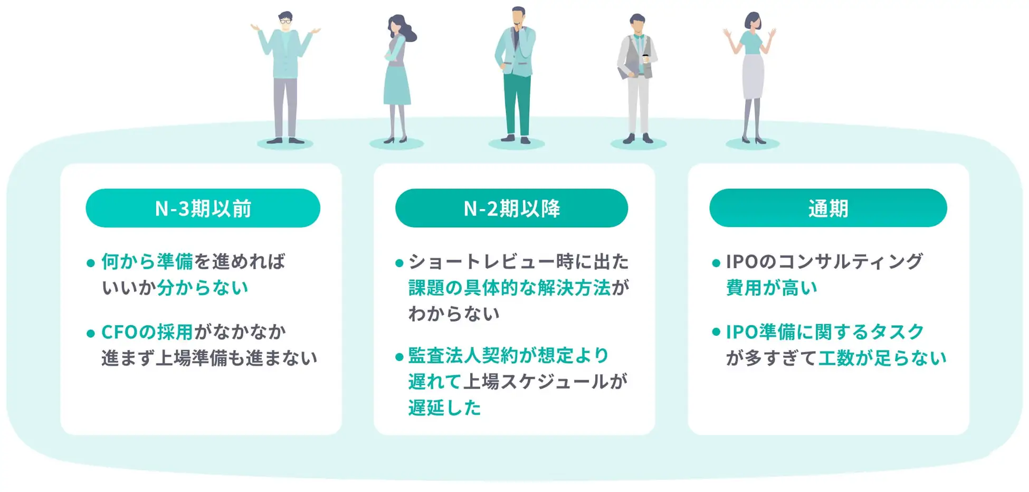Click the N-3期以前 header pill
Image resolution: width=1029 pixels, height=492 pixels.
(x=203, y=208)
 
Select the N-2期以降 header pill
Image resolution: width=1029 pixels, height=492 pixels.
(x=511, y=208)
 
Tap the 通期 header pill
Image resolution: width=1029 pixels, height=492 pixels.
(x=827, y=208)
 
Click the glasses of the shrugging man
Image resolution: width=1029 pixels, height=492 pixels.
(x=285, y=22)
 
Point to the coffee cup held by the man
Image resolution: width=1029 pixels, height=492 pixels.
(x=645, y=58)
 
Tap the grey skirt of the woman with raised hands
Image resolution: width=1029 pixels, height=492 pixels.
(x=752, y=77)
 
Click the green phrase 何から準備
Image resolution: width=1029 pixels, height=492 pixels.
(x=147, y=261)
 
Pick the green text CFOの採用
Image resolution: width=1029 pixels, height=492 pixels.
(x=147, y=332)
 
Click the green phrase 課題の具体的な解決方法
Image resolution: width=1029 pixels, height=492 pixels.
(x=509, y=288)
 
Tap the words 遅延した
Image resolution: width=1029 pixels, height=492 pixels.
(x=444, y=408)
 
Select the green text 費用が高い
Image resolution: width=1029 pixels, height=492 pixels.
(x=771, y=288)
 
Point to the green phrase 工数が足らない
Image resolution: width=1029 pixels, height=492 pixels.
(x=882, y=358)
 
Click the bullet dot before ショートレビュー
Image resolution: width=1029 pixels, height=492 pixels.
(x=399, y=263)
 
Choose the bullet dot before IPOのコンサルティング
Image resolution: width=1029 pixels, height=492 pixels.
(x=716, y=263)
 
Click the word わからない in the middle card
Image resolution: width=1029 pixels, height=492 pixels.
(x=453, y=314)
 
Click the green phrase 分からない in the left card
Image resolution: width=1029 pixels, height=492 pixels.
(x=202, y=288)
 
